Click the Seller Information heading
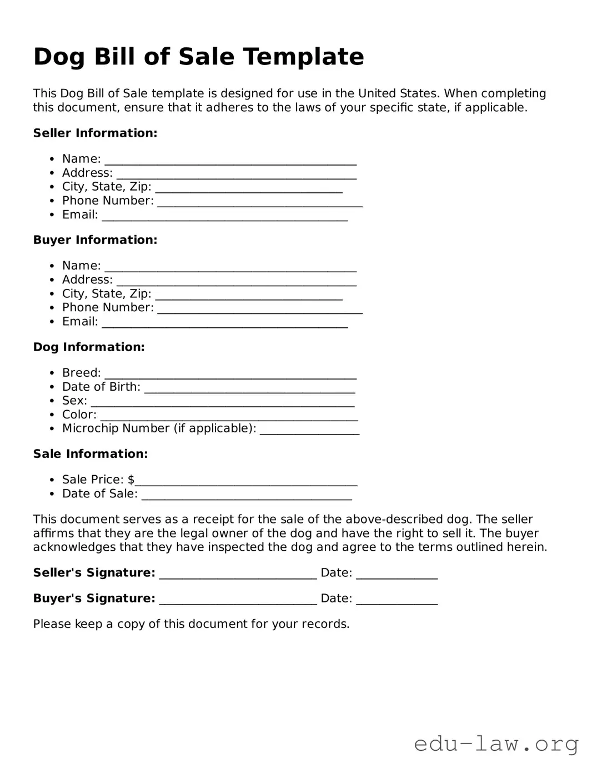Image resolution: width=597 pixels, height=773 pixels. coord(95,133)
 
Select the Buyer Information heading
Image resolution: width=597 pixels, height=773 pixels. coord(95,240)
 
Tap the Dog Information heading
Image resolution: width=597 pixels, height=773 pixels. coord(89,347)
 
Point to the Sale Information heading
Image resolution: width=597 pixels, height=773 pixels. coord(91,454)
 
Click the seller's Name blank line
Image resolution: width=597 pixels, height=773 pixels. coord(230,161)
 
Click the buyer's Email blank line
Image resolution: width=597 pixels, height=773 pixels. coord(224,324)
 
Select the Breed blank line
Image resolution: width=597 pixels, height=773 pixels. coord(230,375)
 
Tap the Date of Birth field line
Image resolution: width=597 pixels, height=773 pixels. coord(249,389)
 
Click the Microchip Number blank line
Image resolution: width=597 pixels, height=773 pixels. coord(309,431)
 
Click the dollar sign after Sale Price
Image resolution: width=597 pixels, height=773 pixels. coord(131,480)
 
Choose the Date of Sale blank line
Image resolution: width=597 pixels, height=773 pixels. coord(247,496)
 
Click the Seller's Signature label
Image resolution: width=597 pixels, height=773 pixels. coord(94,573)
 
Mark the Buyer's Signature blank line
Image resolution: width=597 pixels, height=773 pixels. coord(238,601)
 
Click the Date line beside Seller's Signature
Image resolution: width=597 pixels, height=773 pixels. coord(397,575)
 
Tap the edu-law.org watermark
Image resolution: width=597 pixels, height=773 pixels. coord(496,744)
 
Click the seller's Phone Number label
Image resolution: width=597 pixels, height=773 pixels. coord(108,201)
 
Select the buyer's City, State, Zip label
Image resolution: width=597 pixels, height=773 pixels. coord(107,293)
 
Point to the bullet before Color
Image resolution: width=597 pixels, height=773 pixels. coord(52,415)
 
